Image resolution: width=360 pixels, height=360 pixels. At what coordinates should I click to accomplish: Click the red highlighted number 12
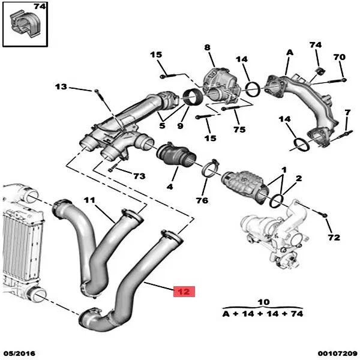tap(183, 292)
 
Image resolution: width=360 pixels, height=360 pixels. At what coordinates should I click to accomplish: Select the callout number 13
tap(61, 87)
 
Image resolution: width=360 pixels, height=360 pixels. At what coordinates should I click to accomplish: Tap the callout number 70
tap(340, 58)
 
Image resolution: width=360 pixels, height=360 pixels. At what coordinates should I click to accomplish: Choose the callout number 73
tap(139, 176)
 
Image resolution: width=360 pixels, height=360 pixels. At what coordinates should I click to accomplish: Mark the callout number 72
tap(333, 238)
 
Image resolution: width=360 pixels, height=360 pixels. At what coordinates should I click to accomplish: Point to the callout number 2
tap(299, 179)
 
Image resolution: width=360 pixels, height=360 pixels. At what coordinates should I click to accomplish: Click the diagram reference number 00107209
tap(338, 353)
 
